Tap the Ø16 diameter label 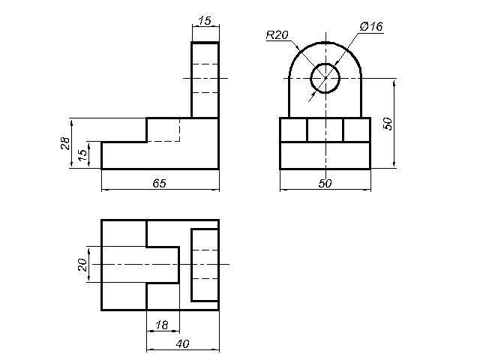click(371, 26)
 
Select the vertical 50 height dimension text click(388, 123)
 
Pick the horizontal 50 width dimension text click(325, 184)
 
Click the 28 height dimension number click(65, 143)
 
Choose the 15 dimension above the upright click(204, 20)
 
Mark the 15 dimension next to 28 click(82, 155)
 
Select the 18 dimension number click(162, 325)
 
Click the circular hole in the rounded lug click(325, 77)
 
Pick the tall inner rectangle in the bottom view click(205, 264)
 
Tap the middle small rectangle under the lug click(325, 130)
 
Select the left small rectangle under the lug click(293, 130)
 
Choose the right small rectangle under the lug click(356, 130)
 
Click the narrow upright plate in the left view click(205, 79)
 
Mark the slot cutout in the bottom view click(162, 264)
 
